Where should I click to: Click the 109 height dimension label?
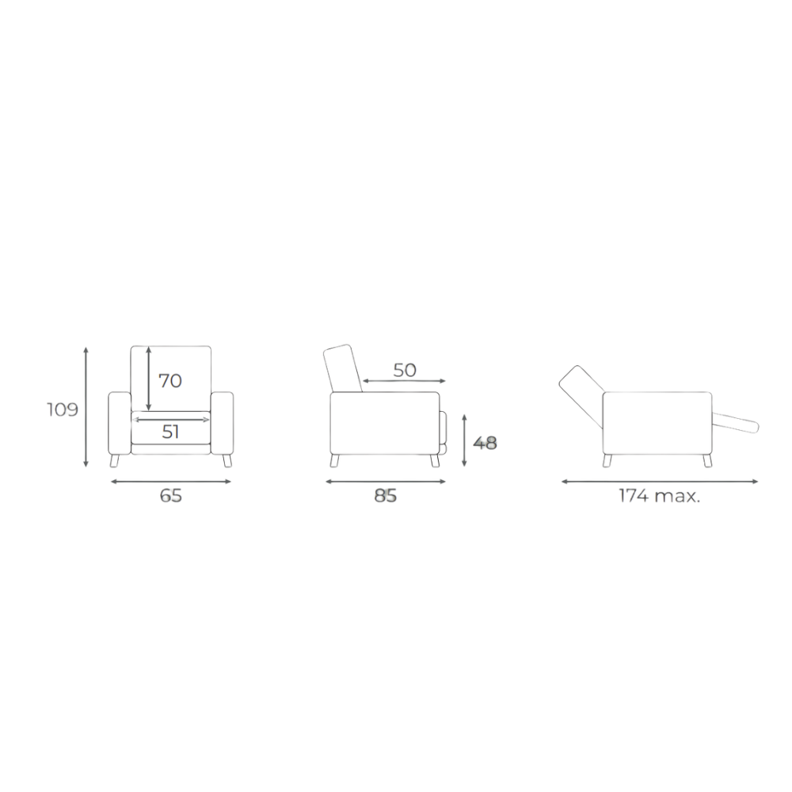click(63, 409)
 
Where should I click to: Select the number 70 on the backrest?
click(170, 381)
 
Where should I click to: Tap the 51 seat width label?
click(171, 432)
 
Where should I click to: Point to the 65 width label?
click(171, 496)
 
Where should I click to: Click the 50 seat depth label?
click(405, 370)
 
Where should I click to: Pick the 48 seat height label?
click(485, 443)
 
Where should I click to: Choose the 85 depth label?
click(386, 496)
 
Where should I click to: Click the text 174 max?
click(660, 496)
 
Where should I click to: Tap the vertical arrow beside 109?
click(86, 407)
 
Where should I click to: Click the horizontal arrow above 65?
click(171, 482)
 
